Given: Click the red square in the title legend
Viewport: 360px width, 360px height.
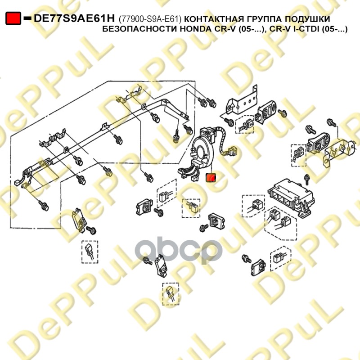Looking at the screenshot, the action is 13,18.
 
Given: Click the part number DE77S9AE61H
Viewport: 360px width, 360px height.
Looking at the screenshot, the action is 74,18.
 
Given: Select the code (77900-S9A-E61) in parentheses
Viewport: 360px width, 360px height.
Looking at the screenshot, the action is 150,19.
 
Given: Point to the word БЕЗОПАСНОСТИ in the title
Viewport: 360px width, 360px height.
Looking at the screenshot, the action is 139,29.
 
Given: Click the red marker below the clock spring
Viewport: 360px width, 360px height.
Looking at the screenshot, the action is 211,178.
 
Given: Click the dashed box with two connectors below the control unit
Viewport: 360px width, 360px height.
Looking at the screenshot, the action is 280,225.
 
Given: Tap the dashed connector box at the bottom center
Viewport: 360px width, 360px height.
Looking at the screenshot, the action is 171,294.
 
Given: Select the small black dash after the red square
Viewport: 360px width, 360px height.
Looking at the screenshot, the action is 27,18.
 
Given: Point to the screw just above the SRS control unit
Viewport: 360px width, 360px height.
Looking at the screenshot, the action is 306,179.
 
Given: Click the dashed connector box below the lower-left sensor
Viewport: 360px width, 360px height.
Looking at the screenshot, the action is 90,252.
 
